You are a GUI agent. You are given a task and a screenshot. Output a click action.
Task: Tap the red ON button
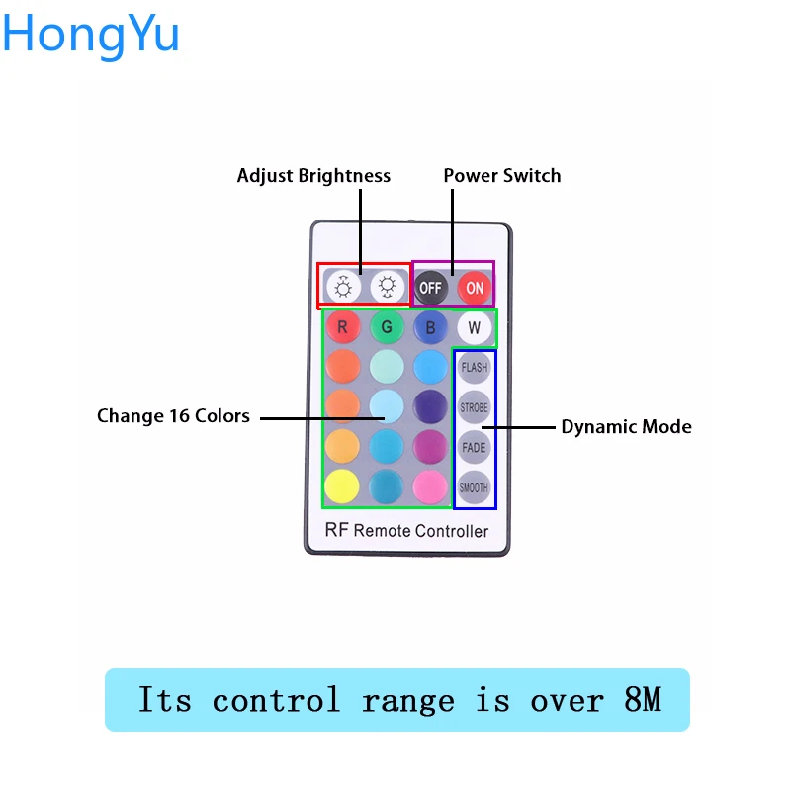[x=475, y=288]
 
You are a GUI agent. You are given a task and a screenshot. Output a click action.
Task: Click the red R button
[x=342, y=326]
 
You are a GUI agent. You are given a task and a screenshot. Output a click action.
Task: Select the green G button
[x=387, y=326]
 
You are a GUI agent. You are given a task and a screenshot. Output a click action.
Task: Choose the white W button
[x=474, y=326]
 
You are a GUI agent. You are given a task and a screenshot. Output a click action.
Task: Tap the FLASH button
[x=475, y=367]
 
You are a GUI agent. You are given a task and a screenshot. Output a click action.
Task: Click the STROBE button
[x=475, y=406]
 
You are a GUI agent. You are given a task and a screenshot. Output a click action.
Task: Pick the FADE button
[x=475, y=446]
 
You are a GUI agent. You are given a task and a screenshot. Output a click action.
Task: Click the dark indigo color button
[x=430, y=405]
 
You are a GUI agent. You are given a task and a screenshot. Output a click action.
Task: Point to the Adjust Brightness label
[x=313, y=176]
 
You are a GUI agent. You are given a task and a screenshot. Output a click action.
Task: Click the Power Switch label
[x=501, y=176]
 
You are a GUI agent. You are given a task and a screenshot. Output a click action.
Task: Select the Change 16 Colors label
[x=173, y=416]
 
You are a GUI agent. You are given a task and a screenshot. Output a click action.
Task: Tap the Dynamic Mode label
[x=626, y=427]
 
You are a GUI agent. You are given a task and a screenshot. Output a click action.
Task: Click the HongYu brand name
[x=91, y=34]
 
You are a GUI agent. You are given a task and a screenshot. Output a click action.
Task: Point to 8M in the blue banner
[x=643, y=700]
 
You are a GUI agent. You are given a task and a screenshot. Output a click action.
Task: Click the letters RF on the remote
[x=337, y=530]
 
